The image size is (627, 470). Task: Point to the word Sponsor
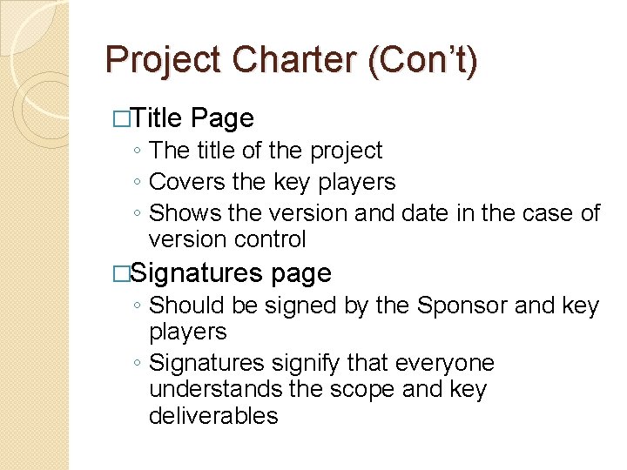(462, 305)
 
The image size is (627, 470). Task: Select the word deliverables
(213, 415)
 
